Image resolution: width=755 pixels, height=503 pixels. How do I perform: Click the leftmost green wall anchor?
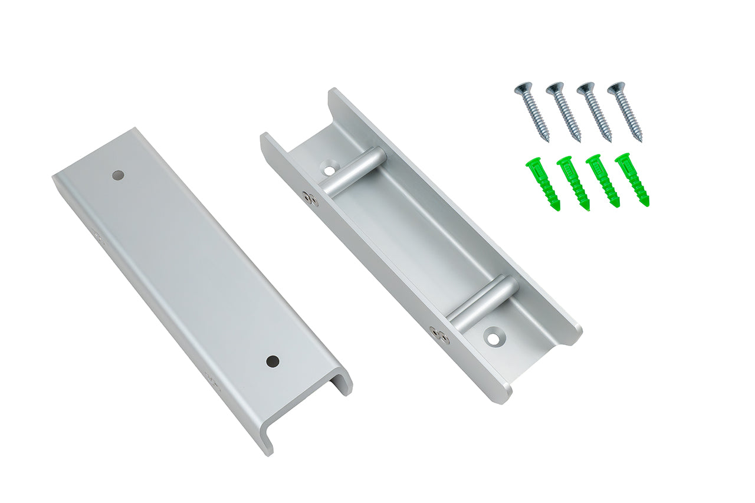click(x=543, y=183)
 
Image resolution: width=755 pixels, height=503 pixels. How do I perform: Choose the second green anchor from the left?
click(x=573, y=182)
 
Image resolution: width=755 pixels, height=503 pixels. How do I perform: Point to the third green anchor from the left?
click(x=603, y=180)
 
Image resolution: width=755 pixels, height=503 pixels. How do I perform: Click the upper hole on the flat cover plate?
click(x=119, y=175)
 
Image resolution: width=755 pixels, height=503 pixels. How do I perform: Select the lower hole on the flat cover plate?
click(x=272, y=361)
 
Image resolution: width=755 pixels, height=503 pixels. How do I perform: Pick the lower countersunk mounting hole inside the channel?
click(x=492, y=338)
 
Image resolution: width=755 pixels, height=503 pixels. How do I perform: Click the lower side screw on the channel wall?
click(x=439, y=335)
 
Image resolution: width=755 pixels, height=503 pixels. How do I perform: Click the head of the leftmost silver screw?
click(x=523, y=88)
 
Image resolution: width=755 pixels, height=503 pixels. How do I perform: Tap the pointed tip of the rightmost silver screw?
click(x=639, y=140)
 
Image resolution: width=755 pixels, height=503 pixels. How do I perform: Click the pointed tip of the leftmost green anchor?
click(x=557, y=207)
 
